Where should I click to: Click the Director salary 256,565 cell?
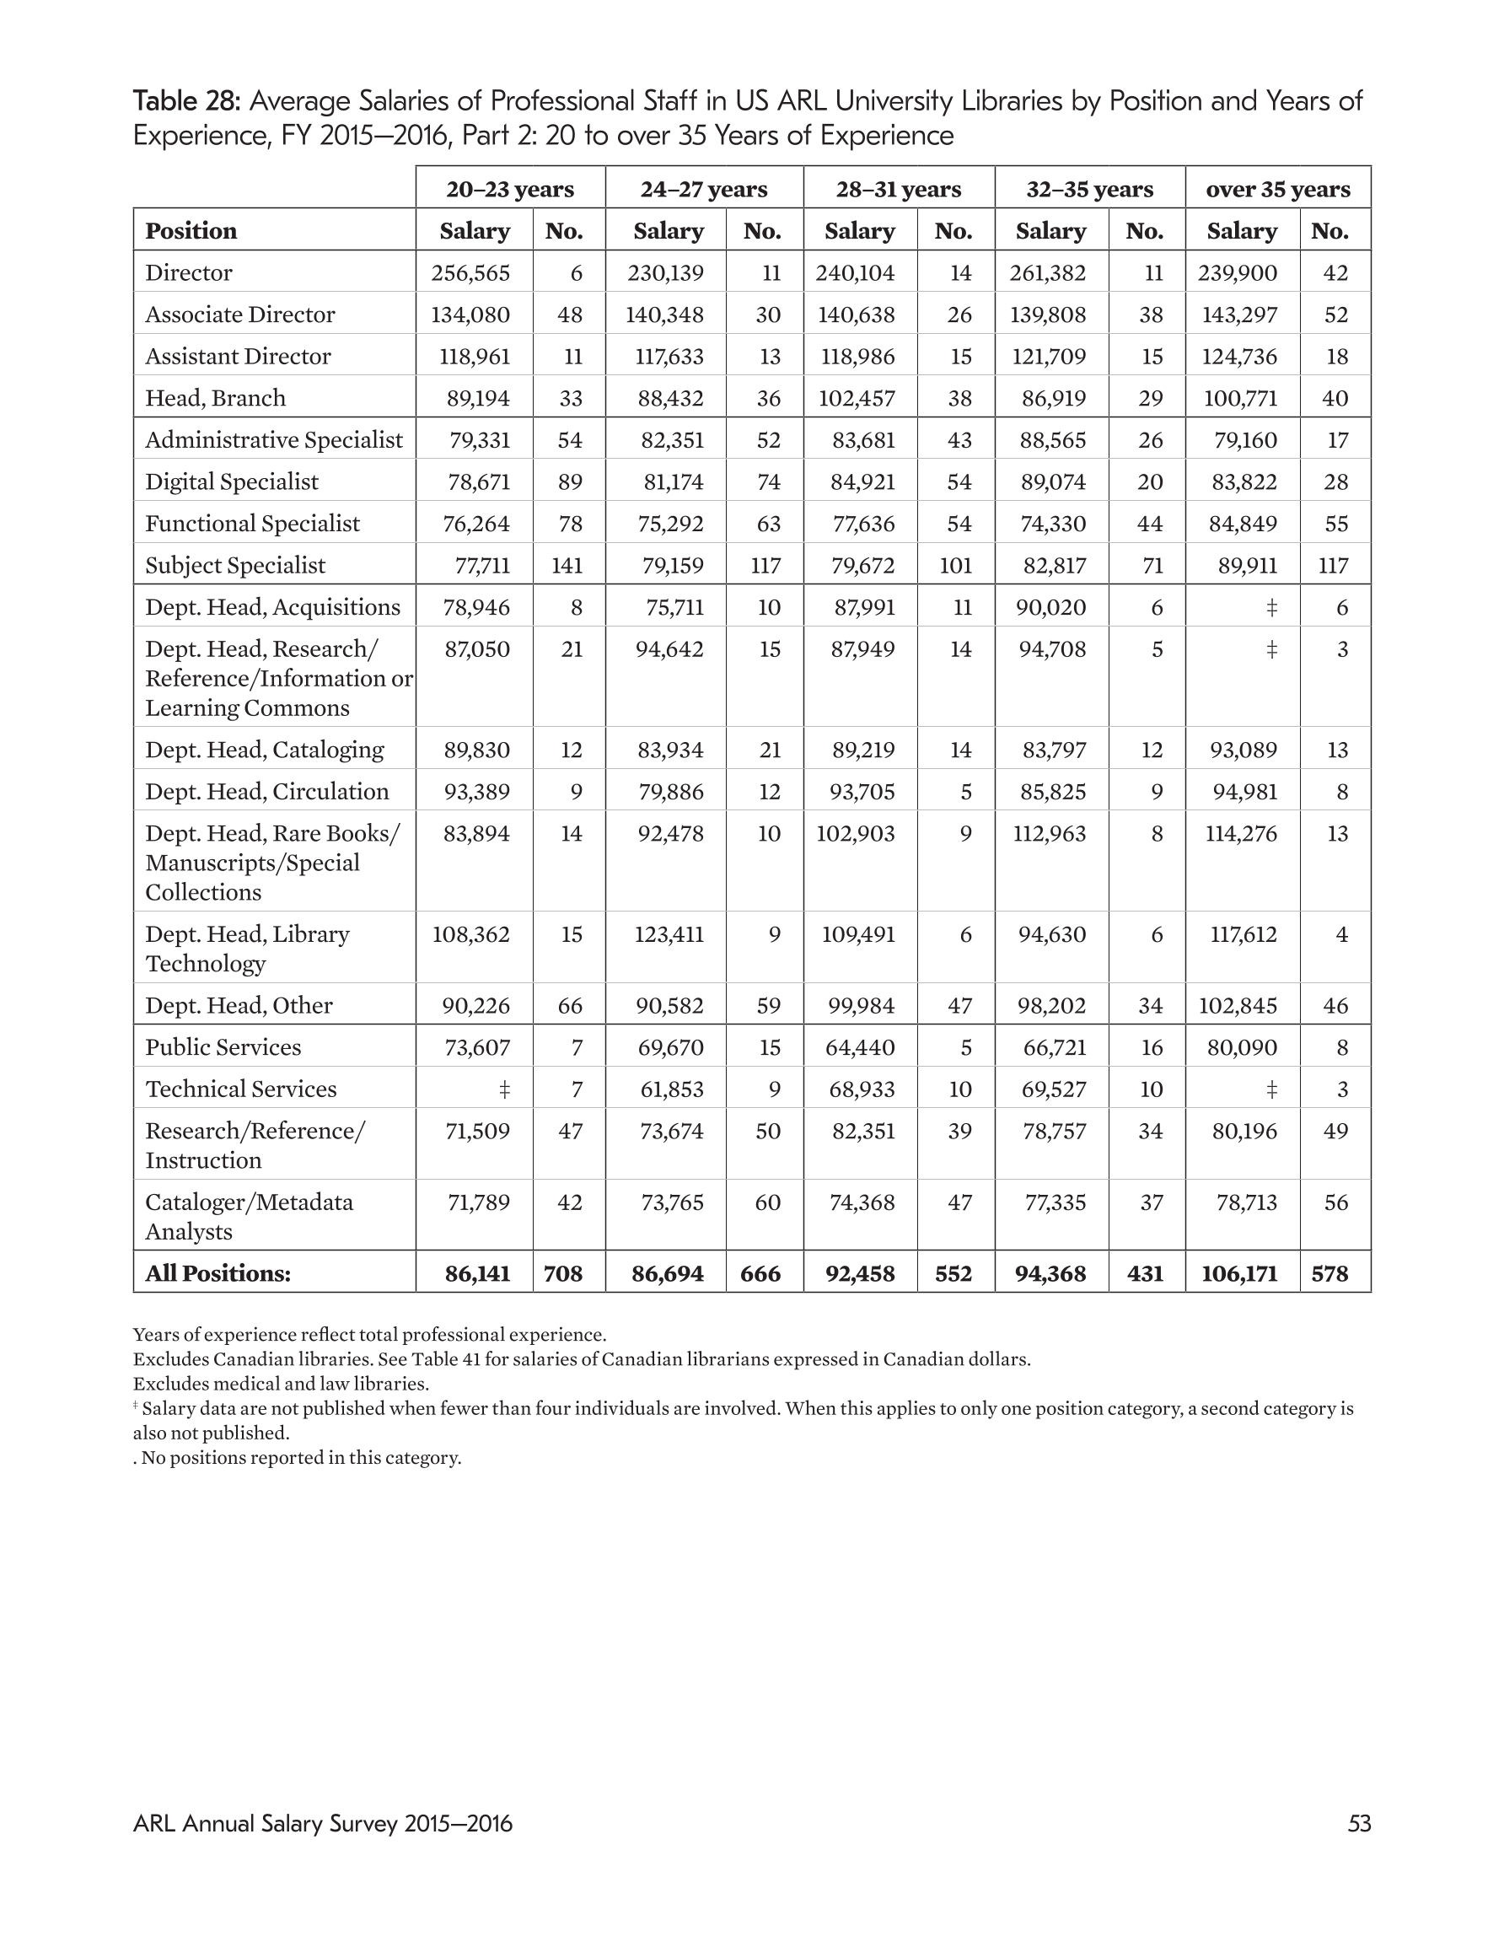pyautogui.click(x=470, y=273)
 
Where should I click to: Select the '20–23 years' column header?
pyautogui.click(x=510, y=189)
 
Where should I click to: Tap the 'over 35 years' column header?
pyautogui.click(x=1277, y=189)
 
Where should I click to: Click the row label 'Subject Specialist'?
pyautogui.click(x=235, y=565)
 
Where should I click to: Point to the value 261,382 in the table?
pyautogui.click(x=1048, y=273)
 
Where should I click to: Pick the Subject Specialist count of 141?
pyautogui.click(x=567, y=565)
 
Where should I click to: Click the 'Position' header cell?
pyautogui.click(x=191, y=231)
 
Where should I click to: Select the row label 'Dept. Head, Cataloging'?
pyautogui.click(x=265, y=750)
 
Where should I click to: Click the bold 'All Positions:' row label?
pyautogui.click(x=218, y=1273)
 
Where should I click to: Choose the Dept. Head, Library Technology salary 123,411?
pyautogui.click(x=669, y=934)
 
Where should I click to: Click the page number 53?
pyautogui.click(x=1359, y=1823)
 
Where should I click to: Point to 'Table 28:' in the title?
pyautogui.click(x=187, y=100)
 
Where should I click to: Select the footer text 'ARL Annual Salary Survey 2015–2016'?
pyautogui.click(x=323, y=1823)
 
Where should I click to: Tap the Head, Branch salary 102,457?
pyautogui.click(x=857, y=399)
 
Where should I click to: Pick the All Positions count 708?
pyautogui.click(x=563, y=1273)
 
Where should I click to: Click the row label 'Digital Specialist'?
pyautogui.click(x=232, y=482)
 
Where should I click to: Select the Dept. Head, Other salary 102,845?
pyautogui.click(x=1238, y=1006)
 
